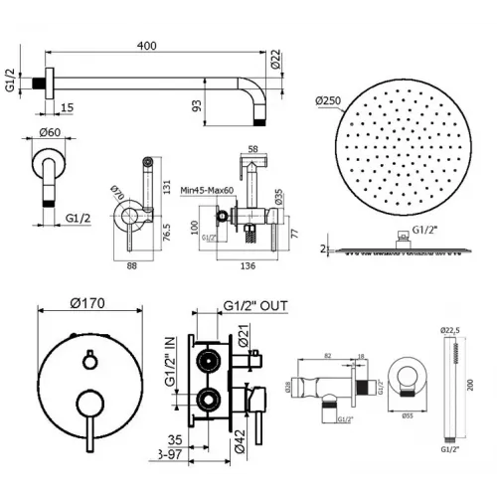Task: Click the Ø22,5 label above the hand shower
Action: [450, 329]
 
